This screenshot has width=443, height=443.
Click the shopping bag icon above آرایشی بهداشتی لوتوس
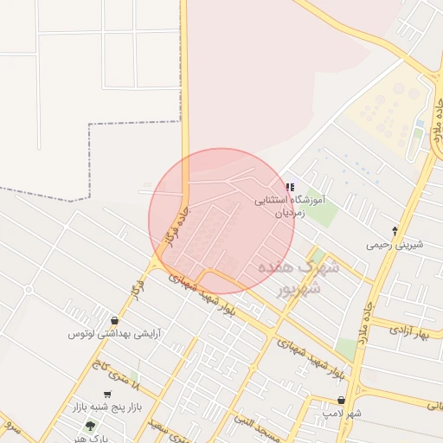[115, 320]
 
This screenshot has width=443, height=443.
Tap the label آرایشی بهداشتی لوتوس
[114, 333]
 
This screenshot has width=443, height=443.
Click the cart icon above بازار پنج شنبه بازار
[107, 395]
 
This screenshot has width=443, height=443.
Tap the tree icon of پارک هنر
[91, 426]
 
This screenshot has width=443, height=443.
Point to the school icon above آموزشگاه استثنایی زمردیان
[289, 187]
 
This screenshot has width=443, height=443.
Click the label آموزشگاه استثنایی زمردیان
[289, 205]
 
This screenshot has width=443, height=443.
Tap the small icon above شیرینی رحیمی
[395, 231]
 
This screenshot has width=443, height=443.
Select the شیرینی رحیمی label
[395, 244]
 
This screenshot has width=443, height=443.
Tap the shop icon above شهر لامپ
[343, 401]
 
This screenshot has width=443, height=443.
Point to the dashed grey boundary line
[90, 156]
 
